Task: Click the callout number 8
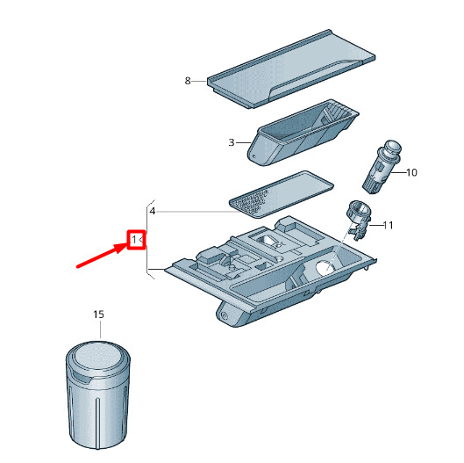[188, 81]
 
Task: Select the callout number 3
[232, 142]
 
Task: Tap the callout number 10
[411, 172]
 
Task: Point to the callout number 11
[389, 225]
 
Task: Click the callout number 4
[153, 211]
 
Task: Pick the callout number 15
[99, 315]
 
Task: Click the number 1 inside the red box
[134, 240]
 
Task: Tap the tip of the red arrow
[127, 243]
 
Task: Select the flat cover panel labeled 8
[291, 69]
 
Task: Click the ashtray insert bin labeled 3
[303, 133]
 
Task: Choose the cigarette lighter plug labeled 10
[382, 167]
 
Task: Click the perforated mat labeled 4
[282, 194]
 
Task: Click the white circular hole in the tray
[326, 267]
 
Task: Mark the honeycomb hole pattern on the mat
[250, 202]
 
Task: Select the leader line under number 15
[100, 329]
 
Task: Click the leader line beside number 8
[199, 81]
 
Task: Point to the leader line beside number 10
[398, 172]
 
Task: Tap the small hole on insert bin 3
[253, 156]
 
